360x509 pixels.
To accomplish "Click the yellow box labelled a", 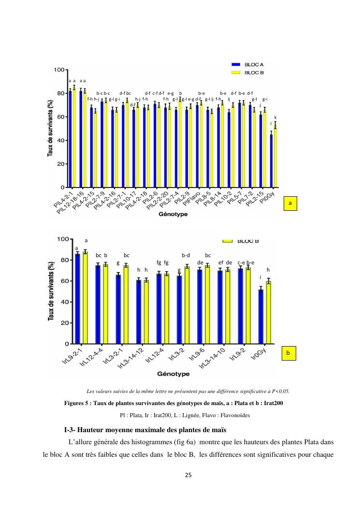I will [x=290, y=204].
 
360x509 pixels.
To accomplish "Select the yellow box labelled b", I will [x=288, y=354].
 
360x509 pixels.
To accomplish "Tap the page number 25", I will [x=188, y=475].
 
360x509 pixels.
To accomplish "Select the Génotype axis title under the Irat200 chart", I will [x=173, y=374].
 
